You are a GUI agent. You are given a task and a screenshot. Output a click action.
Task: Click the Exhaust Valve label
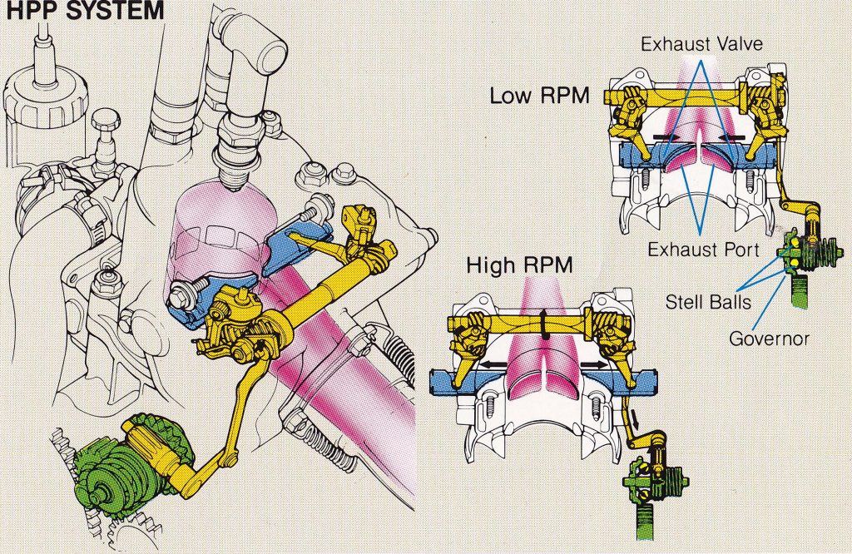tap(702, 43)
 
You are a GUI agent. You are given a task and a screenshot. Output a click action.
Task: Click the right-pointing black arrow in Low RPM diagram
tap(666, 134)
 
